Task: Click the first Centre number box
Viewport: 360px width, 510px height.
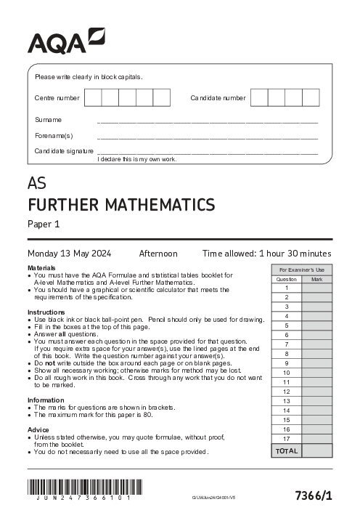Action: coord(93,97)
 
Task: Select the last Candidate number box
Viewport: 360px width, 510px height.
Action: coord(311,97)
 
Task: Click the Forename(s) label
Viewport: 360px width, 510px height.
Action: coord(54,135)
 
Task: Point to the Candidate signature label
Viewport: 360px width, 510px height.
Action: coord(64,150)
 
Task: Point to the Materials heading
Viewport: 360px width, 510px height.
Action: coord(41,268)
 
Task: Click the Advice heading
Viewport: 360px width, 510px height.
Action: coord(38,429)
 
